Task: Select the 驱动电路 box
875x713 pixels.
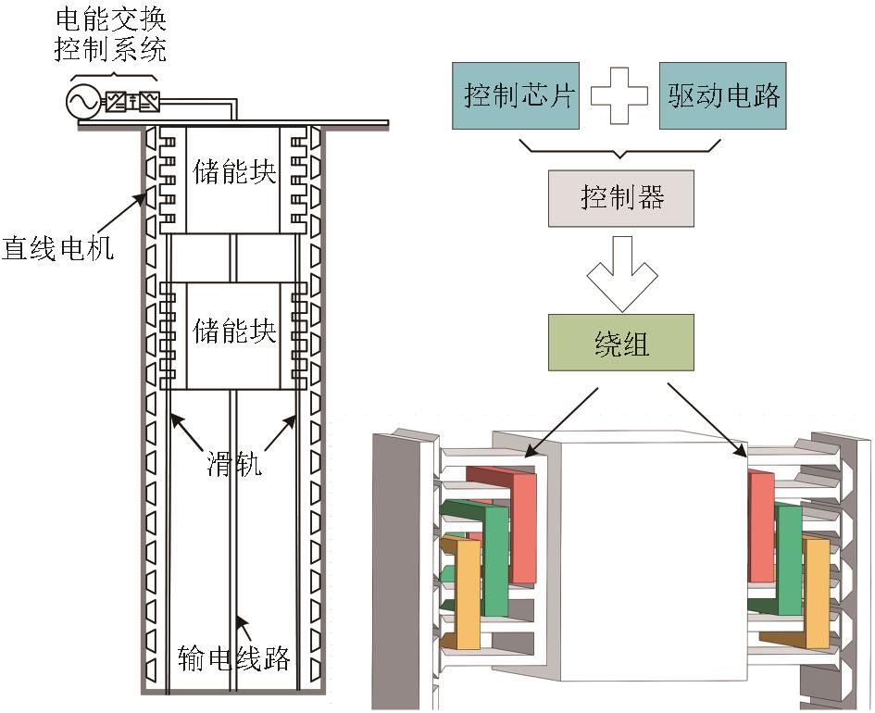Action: (x=722, y=95)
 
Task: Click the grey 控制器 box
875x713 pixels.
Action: (x=620, y=197)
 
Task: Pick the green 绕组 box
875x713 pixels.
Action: (x=620, y=343)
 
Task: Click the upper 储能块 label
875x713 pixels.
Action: (x=235, y=172)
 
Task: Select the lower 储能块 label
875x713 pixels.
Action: (x=235, y=329)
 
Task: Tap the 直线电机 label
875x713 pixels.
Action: (x=57, y=248)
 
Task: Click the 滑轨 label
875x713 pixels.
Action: (x=234, y=463)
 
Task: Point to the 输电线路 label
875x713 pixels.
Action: (x=234, y=659)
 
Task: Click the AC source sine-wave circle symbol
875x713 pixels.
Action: (x=82, y=101)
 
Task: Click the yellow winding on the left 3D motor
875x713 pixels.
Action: (x=469, y=593)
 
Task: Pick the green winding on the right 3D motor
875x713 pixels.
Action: (x=789, y=560)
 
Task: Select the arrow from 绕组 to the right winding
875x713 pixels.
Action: (x=709, y=421)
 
